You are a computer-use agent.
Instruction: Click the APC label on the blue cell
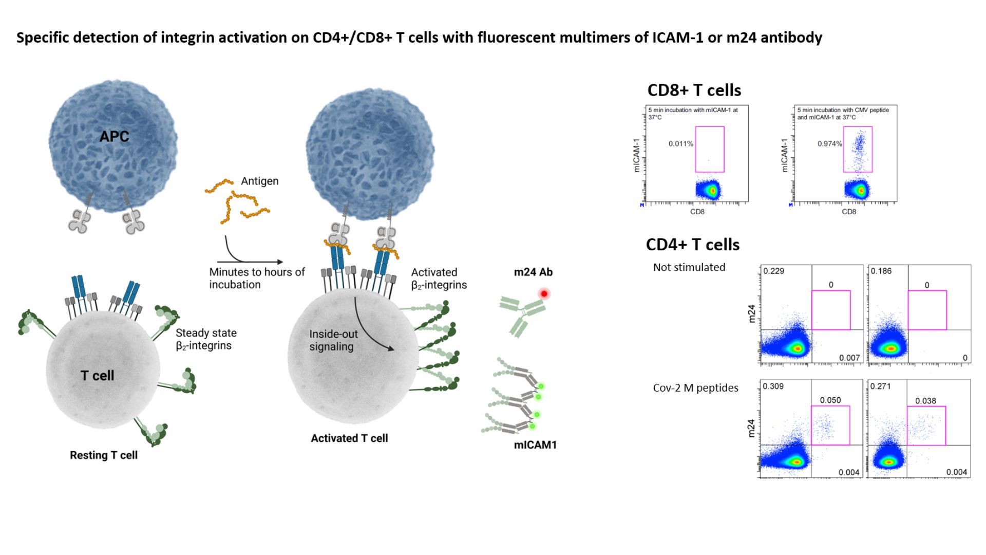coord(114,136)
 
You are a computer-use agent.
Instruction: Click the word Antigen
coord(259,181)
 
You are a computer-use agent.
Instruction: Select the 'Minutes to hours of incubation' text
coord(257,278)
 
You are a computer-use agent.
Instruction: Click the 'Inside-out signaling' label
coord(333,340)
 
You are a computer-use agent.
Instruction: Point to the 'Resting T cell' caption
coord(104,455)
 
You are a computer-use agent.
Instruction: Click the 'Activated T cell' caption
coord(349,438)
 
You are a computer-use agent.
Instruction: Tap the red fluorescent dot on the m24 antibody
coord(544,294)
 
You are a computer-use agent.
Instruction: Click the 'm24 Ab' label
coord(533,272)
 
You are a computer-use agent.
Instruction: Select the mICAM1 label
coord(535,445)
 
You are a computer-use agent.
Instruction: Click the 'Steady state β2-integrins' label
coord(206,339)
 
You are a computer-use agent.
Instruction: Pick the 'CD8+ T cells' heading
coord(694,90)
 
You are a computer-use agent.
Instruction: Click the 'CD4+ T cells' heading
coord(692,245)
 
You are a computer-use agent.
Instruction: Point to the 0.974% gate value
coord(829,144)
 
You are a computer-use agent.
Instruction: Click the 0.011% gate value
coord(680,144)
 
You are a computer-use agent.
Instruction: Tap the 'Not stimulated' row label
coord(689,267)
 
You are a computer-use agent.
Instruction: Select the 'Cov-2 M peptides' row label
coord(695,388)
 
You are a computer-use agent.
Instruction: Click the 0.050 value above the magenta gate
coord(830,400)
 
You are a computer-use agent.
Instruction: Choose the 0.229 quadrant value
coord(773,271)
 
